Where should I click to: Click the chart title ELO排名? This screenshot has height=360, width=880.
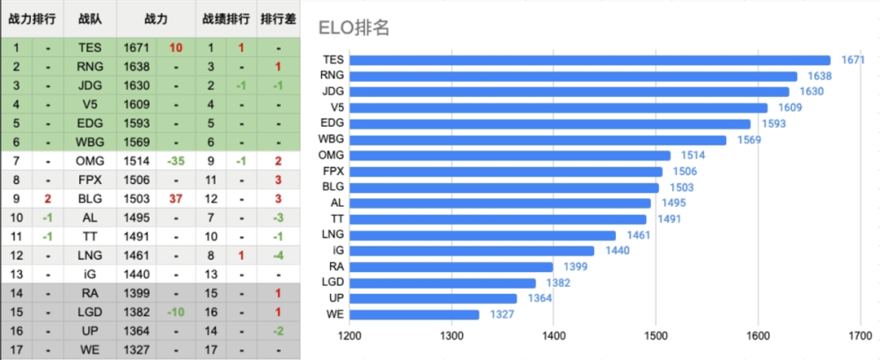point(354,27)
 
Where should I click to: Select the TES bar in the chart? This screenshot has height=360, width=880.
point(590,60)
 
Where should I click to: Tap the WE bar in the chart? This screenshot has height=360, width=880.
point(414,314)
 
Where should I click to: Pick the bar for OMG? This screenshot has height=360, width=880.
point(510,155)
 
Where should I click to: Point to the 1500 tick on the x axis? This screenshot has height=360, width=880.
point(656,336)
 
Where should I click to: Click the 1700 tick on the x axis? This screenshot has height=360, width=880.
point(859,336)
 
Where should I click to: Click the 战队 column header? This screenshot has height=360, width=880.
point(90,18)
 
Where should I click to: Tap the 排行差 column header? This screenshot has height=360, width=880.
point(277,18)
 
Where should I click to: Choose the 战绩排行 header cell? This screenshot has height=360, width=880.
point(225,18)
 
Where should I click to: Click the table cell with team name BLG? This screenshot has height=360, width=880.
point(90,198)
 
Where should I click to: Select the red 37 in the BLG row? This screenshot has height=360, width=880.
point(176,198)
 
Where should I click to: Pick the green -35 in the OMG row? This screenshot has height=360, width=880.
point(176,160)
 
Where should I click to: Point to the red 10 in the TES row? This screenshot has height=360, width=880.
point(176,48)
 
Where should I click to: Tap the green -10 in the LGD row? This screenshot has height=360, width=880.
point(176,312)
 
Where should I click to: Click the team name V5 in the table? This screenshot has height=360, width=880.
point(90,104)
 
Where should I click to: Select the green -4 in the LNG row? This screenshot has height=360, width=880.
point(277,255)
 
